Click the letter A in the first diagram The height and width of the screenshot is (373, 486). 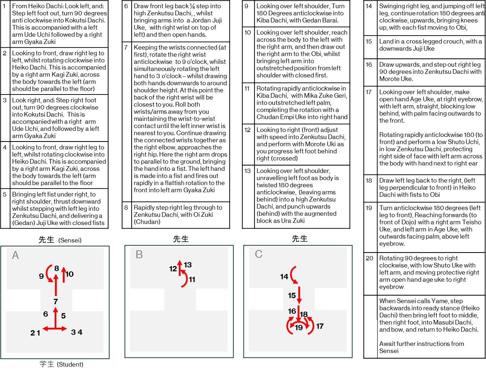[15, 255]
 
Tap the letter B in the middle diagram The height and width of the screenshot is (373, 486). [139, 255]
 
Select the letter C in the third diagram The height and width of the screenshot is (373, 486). [259, 254]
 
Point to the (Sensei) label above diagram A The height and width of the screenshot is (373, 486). [70, 240]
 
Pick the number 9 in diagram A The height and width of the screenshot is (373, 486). [41, 276]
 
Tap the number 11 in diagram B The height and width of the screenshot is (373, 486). [192, 280]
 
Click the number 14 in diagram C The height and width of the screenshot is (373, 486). [284, 276]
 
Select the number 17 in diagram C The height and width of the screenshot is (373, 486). [320, 326]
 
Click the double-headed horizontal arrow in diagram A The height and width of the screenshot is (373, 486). [55, 328]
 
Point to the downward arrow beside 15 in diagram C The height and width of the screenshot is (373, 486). [299, 295]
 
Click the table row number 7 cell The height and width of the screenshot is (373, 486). [126, 47]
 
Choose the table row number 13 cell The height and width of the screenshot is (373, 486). [248, 171]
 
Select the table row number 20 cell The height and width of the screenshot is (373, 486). [370, 258]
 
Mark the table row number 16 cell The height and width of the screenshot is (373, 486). [369, 65]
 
